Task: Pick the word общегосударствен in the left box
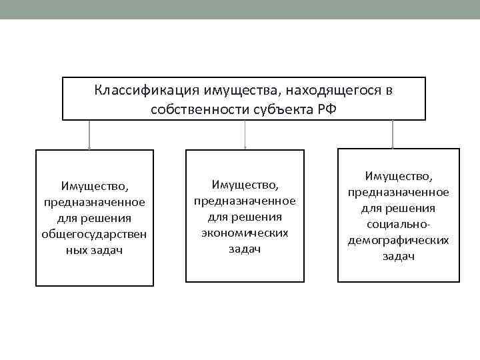[x=94, y=234]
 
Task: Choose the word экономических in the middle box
[x=245, y=233]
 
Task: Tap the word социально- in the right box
[x=398, y=225]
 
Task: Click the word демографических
[x=398, y=241]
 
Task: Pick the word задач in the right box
[x=398, y=257]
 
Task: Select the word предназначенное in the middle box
[x=245, y=200]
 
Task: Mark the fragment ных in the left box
[x=75, y=250]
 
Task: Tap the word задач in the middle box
[x=245, y=249]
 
